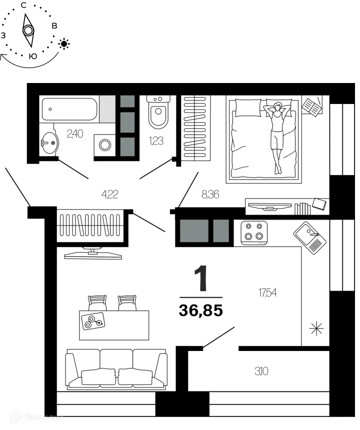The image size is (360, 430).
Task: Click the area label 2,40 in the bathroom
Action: (75, 133)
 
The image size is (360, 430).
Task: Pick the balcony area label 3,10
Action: (259, 371)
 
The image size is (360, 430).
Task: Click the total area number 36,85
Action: (200, 311)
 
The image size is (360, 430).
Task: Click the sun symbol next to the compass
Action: (64, 44)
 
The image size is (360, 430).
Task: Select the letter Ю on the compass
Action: (32, 56)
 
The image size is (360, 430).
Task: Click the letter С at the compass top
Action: (23, 5)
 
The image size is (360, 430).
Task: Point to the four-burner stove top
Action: (253, 232)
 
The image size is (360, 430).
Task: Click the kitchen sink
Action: (309, 237)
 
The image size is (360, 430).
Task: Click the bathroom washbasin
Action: (48, 143)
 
